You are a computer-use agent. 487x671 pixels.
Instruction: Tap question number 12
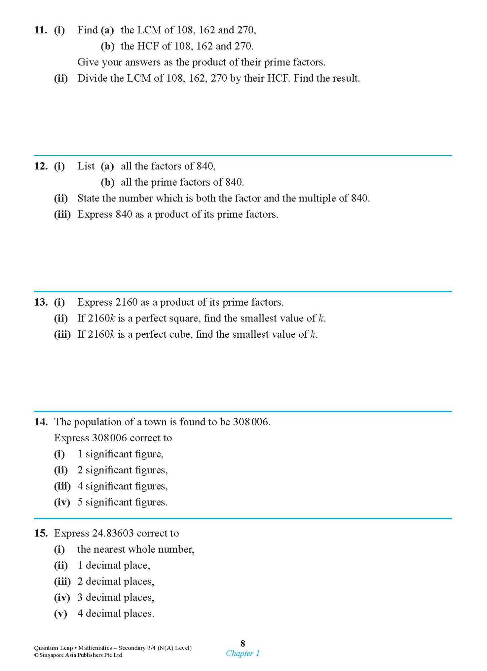pos(40,166)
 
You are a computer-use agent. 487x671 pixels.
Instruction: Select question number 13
pos(40,302)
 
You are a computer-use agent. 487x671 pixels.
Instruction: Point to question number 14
pos(40,422)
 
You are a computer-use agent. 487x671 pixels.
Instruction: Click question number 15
pos(40,533)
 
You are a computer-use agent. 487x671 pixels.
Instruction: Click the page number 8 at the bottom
pos(243,643)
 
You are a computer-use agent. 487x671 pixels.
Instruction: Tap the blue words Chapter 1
pos(243,653)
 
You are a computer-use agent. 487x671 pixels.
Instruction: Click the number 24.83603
pos(113,533)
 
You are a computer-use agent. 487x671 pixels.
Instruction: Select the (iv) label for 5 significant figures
pos(62,502)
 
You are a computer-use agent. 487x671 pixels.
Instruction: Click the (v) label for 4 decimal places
pos(61,614)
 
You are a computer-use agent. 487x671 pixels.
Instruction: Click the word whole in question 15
pos(142,550)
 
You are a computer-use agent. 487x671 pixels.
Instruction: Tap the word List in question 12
pos(86,166)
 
